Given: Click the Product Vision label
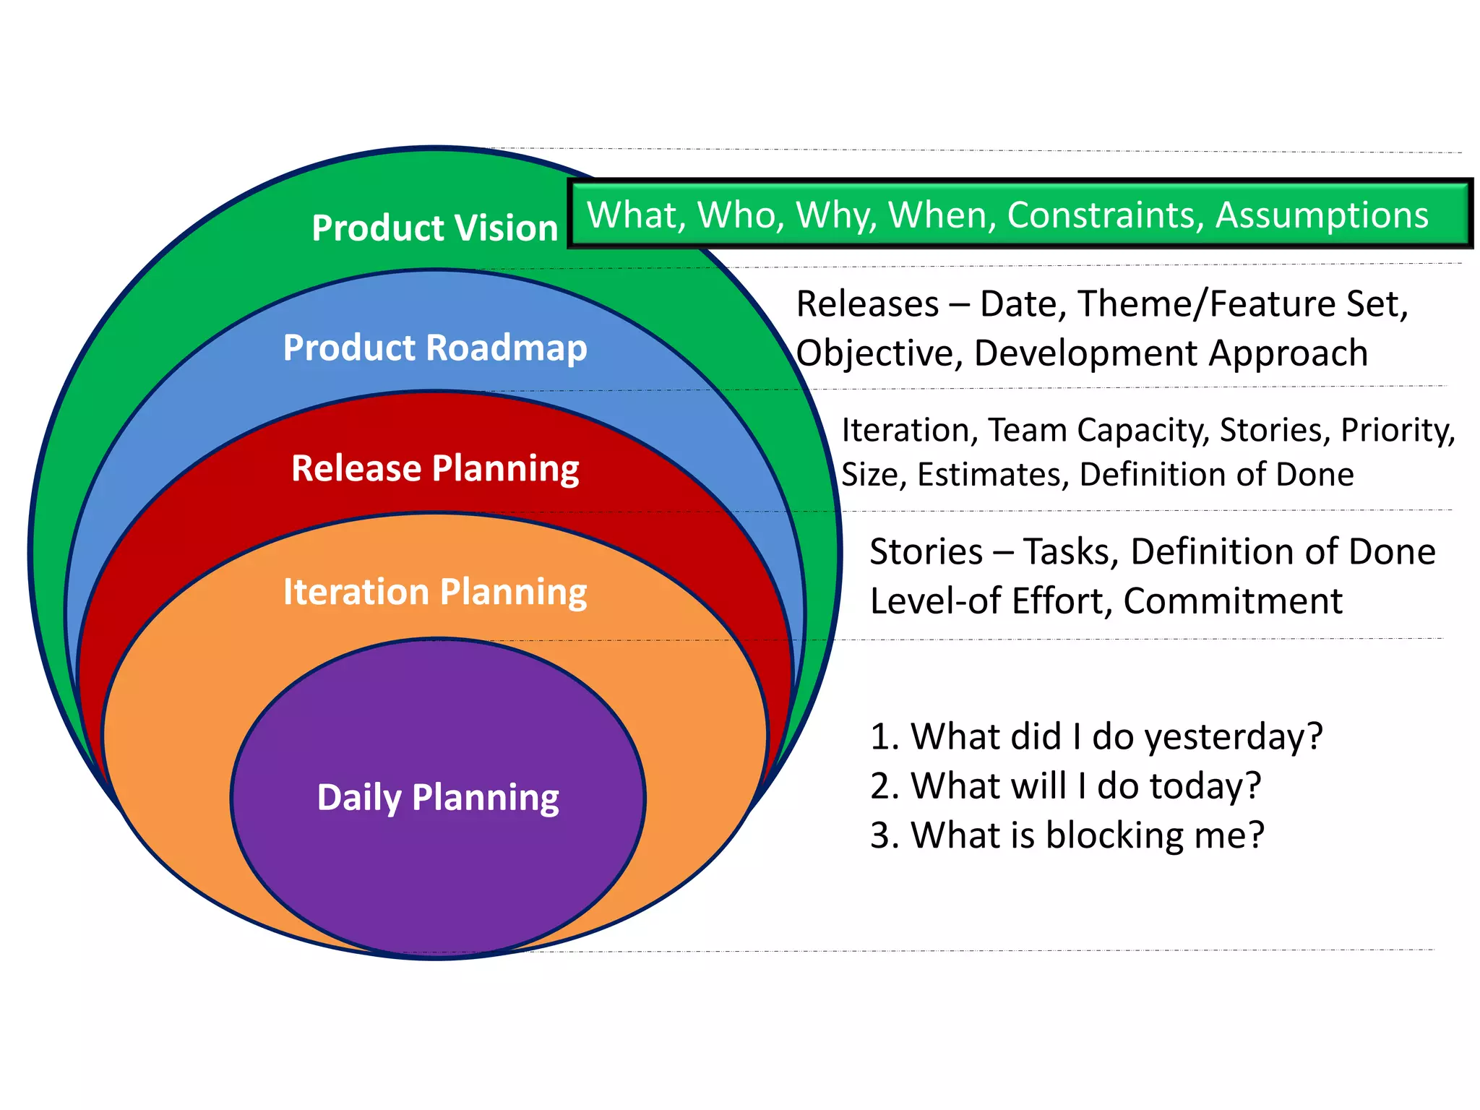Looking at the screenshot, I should [434, 228].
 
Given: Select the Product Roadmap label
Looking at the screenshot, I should [434, 348].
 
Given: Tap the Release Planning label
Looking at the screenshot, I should [434, 468].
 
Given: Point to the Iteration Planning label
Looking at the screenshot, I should [434, 592].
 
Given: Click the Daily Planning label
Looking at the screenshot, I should [437, 798].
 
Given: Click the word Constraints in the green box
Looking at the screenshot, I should [1105, 215].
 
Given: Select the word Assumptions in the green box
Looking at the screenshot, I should [1322, 215].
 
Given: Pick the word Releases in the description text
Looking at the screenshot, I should [866, 304].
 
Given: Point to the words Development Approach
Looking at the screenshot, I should [1171, 353].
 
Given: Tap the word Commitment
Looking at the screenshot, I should [1232, 601].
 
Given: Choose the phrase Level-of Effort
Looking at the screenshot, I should [990, 601].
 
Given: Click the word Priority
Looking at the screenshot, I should [1397, 430].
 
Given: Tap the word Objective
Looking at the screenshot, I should [879, 353].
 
